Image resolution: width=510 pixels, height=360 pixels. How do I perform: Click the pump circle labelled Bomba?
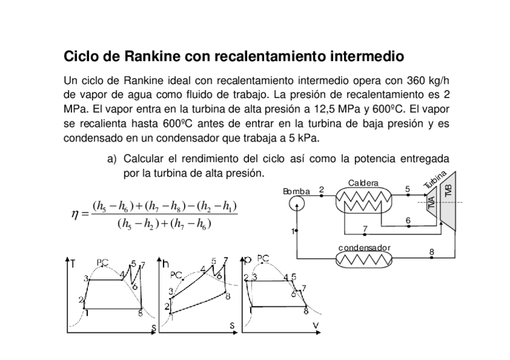tap(296, 204)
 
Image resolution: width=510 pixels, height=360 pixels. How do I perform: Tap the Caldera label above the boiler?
tap(363, 183)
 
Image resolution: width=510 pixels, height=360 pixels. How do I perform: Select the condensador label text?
tap(364, 248)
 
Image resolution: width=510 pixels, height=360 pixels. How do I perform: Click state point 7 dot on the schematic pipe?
tap(365, 234)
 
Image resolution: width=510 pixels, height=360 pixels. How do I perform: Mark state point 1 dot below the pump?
tap(296, 231)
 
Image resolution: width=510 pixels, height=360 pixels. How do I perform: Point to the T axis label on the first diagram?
tap(73, 264)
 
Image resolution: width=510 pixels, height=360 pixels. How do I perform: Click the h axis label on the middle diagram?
tap(167, 264)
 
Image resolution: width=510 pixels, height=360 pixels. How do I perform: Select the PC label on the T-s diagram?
tap(103, 263)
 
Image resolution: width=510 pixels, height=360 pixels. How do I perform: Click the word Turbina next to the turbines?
tap(434, 180)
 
